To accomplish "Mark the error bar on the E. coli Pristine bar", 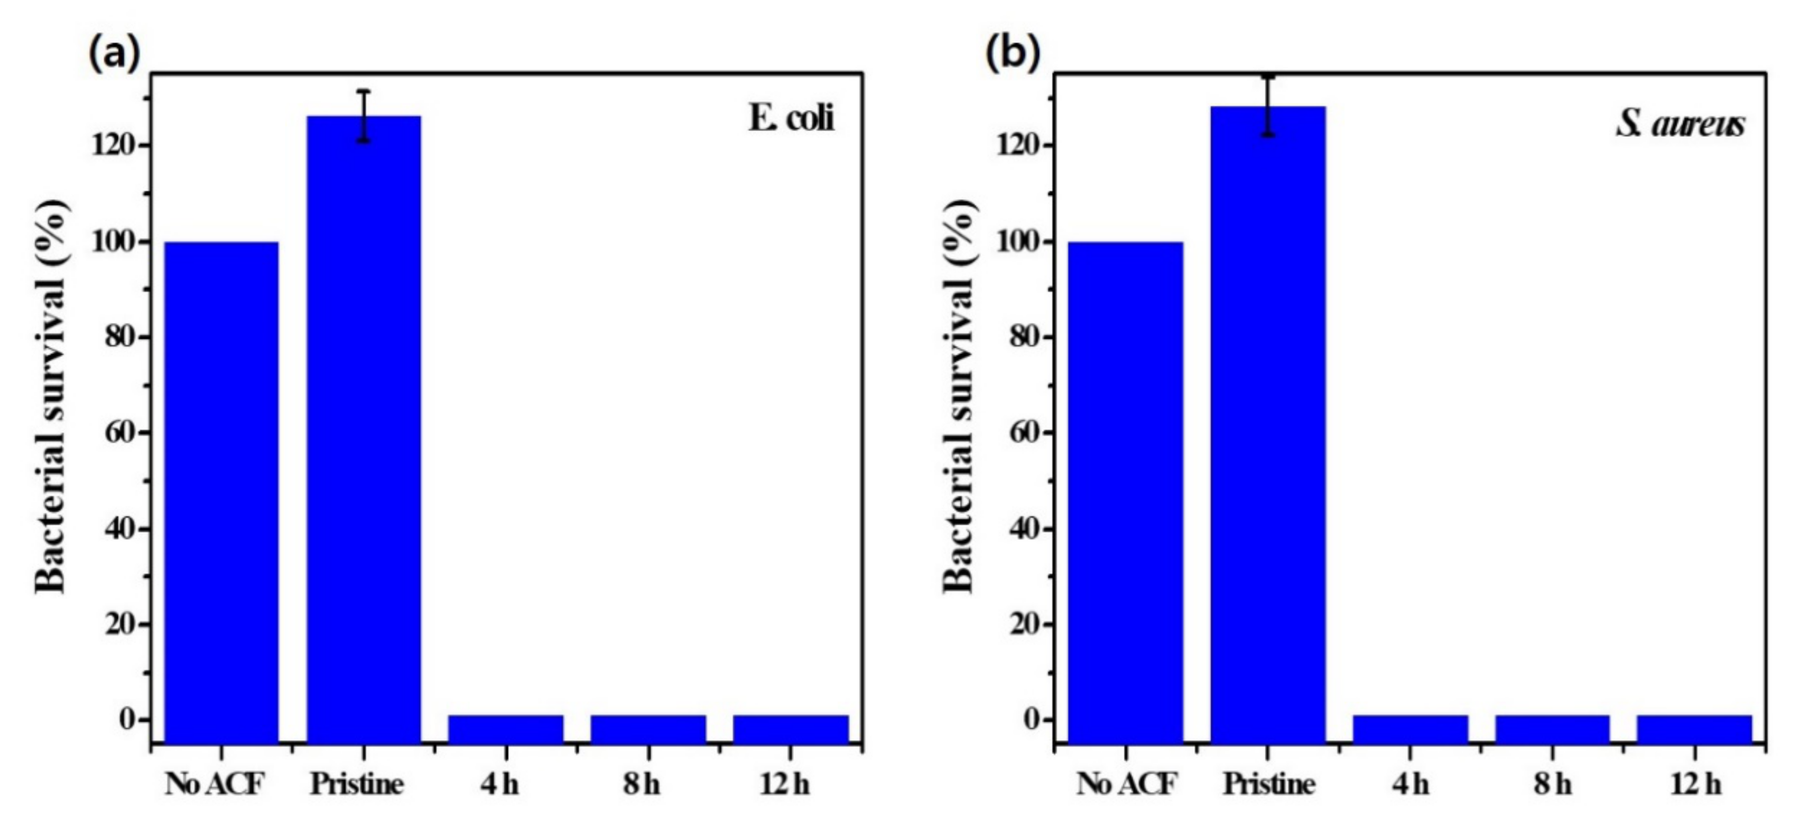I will [x=364, y=115].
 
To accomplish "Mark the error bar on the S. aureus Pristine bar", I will [x=1268, y=105].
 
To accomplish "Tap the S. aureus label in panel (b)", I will [x=1680, y=125].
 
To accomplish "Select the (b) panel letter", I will [x=1013, y=52].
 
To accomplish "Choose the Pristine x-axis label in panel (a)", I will [x=357, y=785].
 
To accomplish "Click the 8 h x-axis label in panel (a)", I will [x=642, y=785].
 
